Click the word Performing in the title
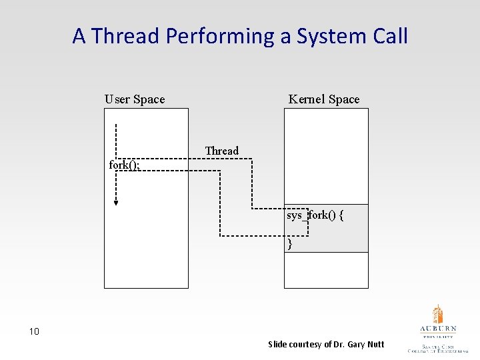click(221, 37)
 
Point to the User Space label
click(135, 99)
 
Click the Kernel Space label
click(323, 99)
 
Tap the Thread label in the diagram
click(221, 151)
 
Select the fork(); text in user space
click(124, 165)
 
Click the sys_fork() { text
click(315, 215)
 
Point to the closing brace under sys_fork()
click(290, 244)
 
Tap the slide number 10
click(34, 331)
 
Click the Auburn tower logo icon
click(437, 314)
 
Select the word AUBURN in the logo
click(438, 329)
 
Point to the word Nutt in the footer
click(376, 345)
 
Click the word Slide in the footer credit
click(277, 345)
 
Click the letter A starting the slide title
click(79, 35)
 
